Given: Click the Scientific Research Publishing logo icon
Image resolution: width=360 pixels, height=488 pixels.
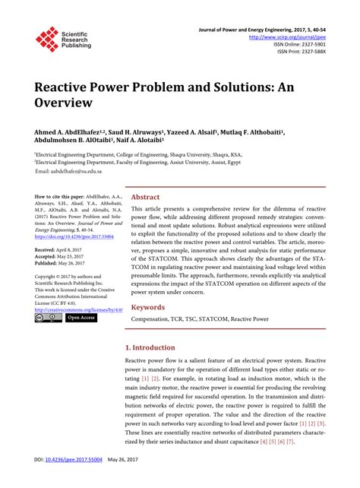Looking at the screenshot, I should point(47,39).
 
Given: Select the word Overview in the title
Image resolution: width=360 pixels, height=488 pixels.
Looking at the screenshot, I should point(63,101).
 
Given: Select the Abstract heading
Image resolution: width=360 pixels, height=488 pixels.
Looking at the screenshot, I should point(147,195).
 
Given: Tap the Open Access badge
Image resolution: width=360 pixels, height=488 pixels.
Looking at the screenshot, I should point(81,318).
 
